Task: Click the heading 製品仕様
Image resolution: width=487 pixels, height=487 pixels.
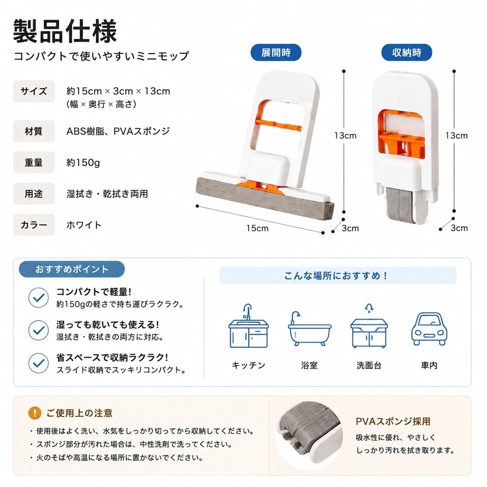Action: tap(65, 31)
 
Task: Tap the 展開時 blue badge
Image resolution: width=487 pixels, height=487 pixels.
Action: tap(276, 53)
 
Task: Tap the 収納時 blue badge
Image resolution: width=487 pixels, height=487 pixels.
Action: tap(406, 53)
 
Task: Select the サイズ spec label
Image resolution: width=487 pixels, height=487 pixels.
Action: tap(34, 91)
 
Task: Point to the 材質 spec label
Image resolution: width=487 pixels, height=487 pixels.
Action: tap(34, 131)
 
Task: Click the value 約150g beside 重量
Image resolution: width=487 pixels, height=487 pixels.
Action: tap(83, 162)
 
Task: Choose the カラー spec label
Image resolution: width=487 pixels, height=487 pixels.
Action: tap(34, 225)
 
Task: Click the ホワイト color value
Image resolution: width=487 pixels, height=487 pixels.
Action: tap(84, 225)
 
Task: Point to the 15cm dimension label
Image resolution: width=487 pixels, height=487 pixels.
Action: tap(257, 228)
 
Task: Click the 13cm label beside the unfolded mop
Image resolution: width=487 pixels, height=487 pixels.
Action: tap(345, 136)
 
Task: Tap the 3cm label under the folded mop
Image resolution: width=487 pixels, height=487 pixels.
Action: tap(459, 228)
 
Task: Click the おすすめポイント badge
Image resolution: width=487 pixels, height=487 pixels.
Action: tap(72, 269)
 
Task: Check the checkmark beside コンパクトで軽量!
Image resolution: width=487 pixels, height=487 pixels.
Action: tap(38, 298)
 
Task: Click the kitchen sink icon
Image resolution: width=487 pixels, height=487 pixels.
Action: tap(248, 326)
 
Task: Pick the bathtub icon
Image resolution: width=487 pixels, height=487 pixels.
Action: tap(310, 328)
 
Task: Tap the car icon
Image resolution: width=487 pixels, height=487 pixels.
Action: tap(429, 329)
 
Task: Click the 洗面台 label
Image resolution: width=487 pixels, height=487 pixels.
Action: tap(369, 365)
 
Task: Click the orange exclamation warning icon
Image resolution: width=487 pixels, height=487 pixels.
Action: tap(35, 413)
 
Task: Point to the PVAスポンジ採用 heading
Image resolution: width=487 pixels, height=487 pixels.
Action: tap(393, 421)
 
